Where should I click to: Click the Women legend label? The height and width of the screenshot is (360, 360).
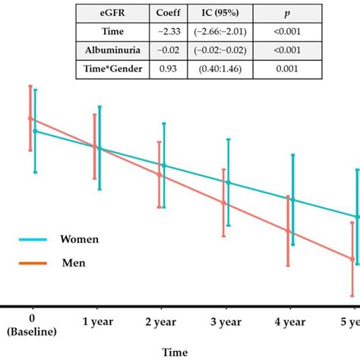[80, 238]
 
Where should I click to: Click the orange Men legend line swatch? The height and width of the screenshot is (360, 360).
[34, 264]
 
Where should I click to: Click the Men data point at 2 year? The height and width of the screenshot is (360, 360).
[159, 175]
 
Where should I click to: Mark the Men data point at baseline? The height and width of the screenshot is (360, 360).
[31, 118]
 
